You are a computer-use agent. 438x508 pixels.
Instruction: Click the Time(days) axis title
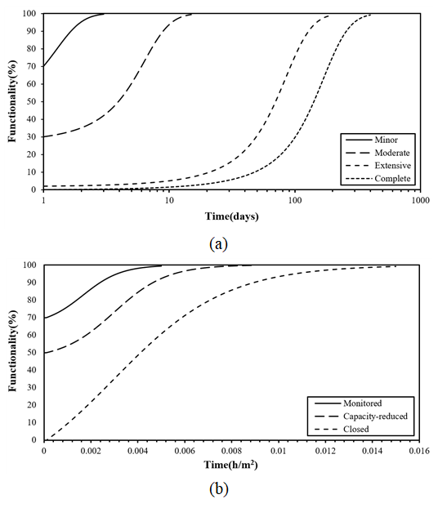pos(232,216)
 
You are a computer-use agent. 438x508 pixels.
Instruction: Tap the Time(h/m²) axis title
pos(230,465)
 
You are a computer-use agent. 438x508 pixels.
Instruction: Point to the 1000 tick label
pos(420,201)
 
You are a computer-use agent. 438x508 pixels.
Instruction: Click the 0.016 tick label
pos(419,451)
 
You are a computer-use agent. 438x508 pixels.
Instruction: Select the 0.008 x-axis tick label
pos(231,451)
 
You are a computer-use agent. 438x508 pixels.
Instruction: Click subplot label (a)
pos(219,244)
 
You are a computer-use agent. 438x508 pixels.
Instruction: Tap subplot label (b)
pos(219,489)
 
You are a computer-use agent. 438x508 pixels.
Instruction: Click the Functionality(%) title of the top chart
pos(12,101)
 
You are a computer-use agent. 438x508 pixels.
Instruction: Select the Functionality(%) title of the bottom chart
pos(12,351)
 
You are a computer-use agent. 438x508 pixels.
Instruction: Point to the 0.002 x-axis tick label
pos(91,451)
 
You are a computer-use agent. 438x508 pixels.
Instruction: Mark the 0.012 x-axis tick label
pos(325,451)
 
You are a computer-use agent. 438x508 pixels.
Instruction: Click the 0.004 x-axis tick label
pos(138,451)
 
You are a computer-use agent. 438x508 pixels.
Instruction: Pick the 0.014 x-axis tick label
pos(373,451)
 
